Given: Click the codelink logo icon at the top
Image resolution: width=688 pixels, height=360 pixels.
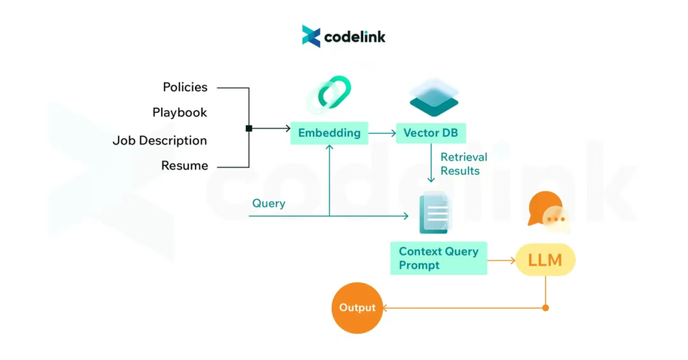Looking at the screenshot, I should pyautogui.click(x=311, y=36).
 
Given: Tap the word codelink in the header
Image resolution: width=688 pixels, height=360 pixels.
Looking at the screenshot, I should pyautogui.click(x=355, y=37).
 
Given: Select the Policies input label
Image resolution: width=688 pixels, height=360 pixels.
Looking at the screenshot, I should pyautogui.click(x=185, y=87).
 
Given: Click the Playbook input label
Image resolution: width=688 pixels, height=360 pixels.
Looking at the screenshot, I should pyautogui.click(x=180, y=113).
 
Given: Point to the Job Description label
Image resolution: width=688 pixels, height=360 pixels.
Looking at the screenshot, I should pyautogui.click(x=160, y=141).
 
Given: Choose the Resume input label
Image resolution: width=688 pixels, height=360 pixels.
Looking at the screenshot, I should pyautogui.click(x=184, y=166).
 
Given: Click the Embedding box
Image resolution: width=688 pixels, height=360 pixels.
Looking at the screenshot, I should pyautogui.click(x=329, y=133).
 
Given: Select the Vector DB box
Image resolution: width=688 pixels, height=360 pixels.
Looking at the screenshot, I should pyautogui.click(x=431, y=133).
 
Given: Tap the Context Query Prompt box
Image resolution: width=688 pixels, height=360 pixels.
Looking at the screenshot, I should pyautogui.click(x=438, y=258).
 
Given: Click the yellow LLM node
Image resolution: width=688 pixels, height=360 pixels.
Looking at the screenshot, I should pyautogui.click(x=545, y=260).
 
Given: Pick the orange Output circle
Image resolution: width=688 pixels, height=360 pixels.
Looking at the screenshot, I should pyautogui.click(x=357, y=308).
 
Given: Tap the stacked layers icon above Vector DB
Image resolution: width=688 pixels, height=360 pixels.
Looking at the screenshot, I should pyautogui.click(x=434, y=98).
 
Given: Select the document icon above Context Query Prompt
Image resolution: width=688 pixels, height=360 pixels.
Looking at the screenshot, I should pyautogui.click(x=434, y=213).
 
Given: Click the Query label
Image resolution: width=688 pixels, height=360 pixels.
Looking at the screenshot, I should pyautogui.click(x=268, y=204).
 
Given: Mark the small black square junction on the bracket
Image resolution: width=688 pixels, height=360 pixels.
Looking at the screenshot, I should pyautogui.click(x=248, y=129).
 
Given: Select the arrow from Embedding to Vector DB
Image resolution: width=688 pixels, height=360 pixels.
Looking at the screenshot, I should pyautogui.click(x=382, y=133).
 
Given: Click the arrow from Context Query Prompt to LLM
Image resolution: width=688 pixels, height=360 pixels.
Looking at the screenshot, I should pyautogui.click(x=501, y=260).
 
